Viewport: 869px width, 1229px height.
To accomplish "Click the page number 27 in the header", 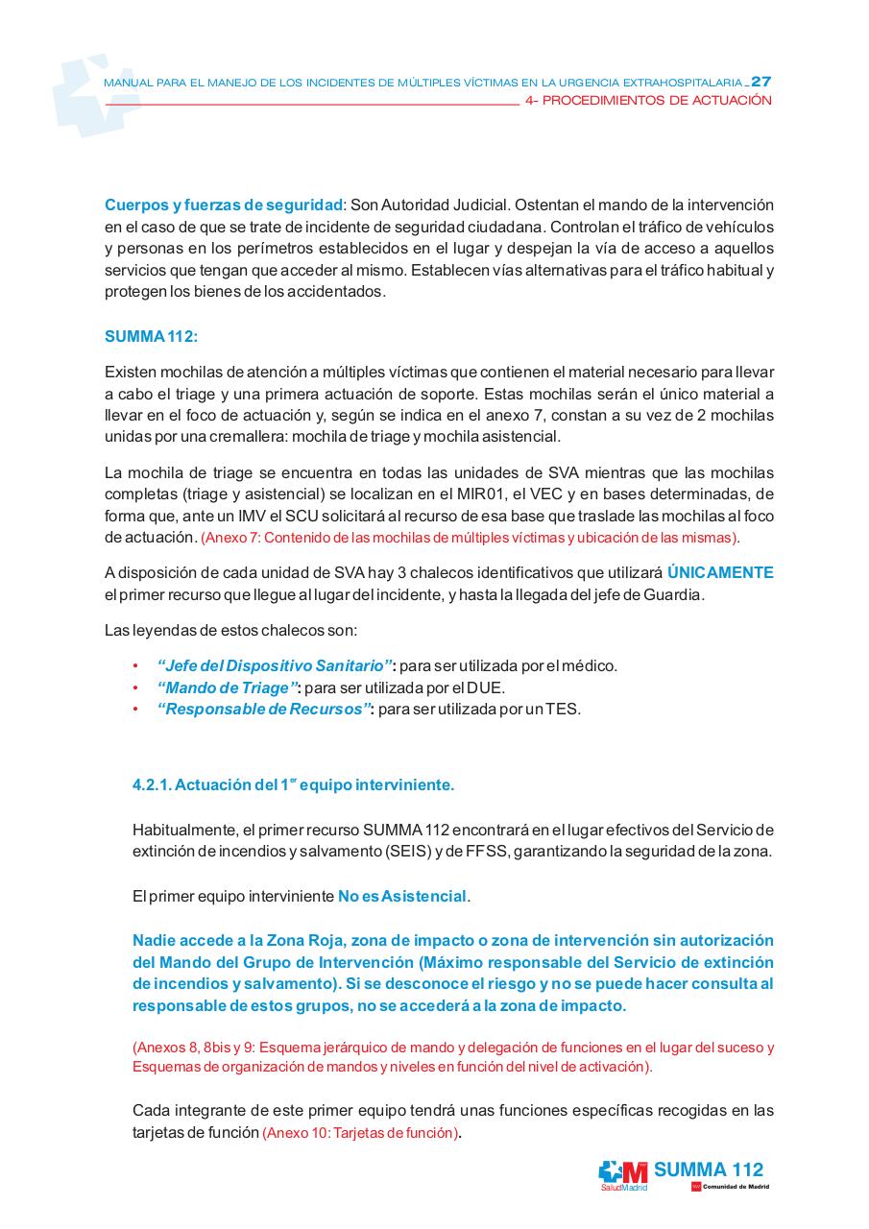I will coord(761,82).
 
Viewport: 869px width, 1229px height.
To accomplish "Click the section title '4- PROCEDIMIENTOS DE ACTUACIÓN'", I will coord(649,101).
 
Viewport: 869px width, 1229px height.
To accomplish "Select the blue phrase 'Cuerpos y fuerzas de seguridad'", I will coord(223,205).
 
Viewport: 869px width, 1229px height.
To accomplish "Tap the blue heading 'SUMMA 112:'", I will coord(151,337).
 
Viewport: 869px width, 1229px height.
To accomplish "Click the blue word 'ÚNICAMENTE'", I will coord(719,572).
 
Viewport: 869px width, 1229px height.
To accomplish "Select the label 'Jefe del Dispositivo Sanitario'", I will coord(275,665).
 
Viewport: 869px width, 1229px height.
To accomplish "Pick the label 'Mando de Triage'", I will coord(227,687).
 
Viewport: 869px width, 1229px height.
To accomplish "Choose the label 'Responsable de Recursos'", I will coord(264,710).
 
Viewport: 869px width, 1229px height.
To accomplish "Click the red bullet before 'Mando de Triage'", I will coord(135,688).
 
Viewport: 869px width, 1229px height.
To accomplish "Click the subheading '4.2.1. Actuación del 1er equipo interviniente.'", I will coord(293,784).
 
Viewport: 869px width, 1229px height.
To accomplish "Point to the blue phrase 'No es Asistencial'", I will coord(401,896).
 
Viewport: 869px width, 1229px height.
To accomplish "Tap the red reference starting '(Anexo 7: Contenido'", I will coord(470,537).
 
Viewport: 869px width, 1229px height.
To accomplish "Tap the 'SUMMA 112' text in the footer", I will coord(709,1169).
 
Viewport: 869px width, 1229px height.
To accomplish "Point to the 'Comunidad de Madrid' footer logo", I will coord(730,1188).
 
